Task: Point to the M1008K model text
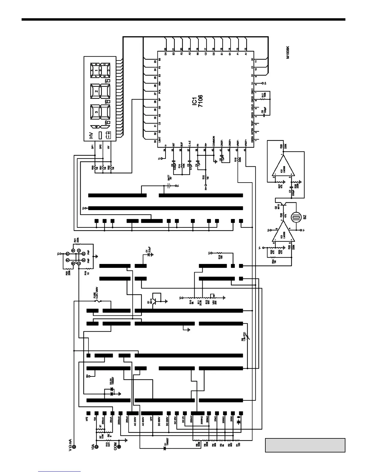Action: [288, 53]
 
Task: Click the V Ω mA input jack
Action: [74, 447]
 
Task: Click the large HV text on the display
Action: [91, 136]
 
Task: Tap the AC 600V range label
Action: [143, 423]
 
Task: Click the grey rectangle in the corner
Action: [305, 445]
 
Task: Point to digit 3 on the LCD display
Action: [96, 113]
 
